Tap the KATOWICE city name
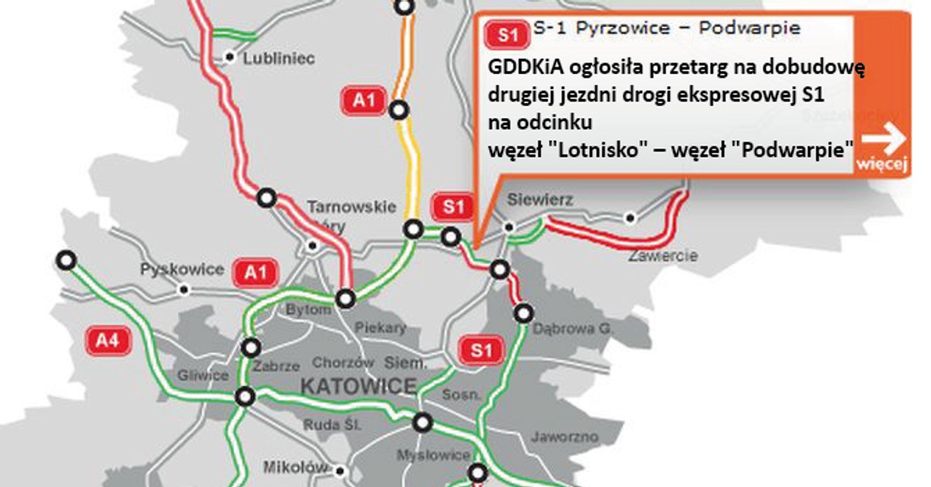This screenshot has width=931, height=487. [x=358, y=385]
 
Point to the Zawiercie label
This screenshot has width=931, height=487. [x=663, y=255]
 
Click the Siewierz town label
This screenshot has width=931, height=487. [x=540, y=201]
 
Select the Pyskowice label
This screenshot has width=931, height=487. [x=182, y=270]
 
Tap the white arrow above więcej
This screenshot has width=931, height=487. [x=883, y=140]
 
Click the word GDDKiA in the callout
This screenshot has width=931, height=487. [x=525, y=67]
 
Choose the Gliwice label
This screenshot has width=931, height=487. [x=202, y=376]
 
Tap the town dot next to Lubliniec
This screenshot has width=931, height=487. [x=230, y=57]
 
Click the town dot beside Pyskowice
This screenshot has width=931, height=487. [x=184, y=289]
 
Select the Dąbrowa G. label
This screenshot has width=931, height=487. [x=573, y=330]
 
